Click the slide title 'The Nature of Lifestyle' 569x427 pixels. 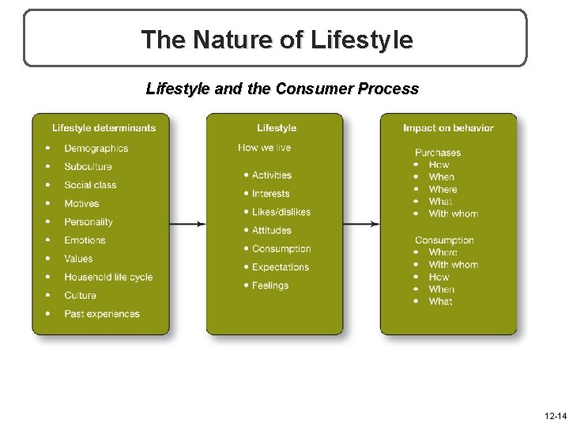coord(276,39)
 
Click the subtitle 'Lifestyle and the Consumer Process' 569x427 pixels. coord(282,89)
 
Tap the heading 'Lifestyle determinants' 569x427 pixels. coord(104,128)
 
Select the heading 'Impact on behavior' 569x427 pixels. coord(448,128)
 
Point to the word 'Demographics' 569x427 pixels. coord(96,149)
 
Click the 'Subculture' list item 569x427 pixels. coord(88,167)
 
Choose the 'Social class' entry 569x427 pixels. coord(90,185)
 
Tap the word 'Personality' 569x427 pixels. coord(89,222)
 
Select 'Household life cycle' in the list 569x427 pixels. coord(108,278)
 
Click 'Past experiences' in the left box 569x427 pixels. coord(102,314)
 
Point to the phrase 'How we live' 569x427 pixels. coord(264,148)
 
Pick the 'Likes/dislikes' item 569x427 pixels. coord(281,212)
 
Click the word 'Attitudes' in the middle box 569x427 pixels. coord(271,230)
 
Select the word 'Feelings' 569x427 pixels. coord(270,285)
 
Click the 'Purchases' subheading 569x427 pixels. coord(437,153)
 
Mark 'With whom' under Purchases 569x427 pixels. coord(453,213)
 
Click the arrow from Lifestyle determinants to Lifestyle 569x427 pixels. coord(187,224)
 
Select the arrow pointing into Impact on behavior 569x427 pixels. coord(362,224)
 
